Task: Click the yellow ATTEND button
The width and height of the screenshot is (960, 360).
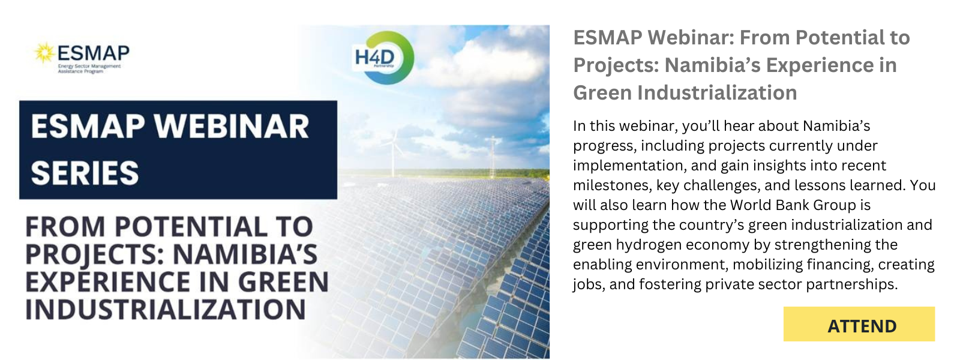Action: click(859, 324)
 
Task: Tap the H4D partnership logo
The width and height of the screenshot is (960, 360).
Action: click(384, 58)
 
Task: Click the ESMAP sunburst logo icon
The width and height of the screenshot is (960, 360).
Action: click(44, 53)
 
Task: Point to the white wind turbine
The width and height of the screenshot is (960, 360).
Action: click(393, 153)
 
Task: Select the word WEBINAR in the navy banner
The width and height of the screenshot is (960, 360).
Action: click(232, 127)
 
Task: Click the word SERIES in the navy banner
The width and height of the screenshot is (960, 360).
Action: click(85, 173)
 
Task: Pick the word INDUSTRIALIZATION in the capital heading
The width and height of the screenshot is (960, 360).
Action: click(166, 310)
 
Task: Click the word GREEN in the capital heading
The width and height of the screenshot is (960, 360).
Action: click(283, 282)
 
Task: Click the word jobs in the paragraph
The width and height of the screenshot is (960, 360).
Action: click(589, 284)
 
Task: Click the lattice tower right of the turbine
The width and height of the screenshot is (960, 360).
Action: click(493, 157)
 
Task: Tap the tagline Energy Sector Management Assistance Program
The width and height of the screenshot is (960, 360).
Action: click(89, 68)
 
